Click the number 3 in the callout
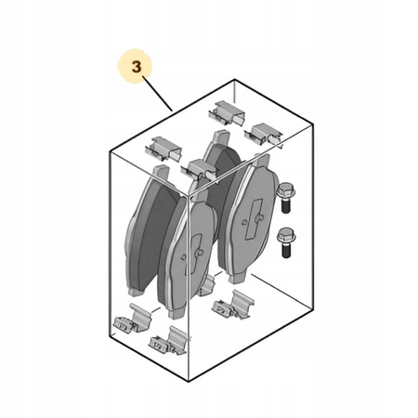coord(137,67)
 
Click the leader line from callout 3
coord(157,94)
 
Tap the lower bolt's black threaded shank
coord(286,250)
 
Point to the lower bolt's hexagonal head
coord(286,236)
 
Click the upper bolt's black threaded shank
coord(286,205)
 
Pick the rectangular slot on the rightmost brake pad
coord(254,219)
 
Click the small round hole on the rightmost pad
coord(245,222)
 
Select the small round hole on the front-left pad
coord(184,256)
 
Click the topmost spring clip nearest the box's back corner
coord(227,112)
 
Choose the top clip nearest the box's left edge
coord(163,149)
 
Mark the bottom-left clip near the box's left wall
coord(133,319)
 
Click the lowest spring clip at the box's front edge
coord(168,342)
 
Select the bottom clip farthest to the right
coord(233,305)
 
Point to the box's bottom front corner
coord(189,382)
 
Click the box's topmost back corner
coord(234,80)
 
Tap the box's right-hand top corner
coord(313,124)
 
